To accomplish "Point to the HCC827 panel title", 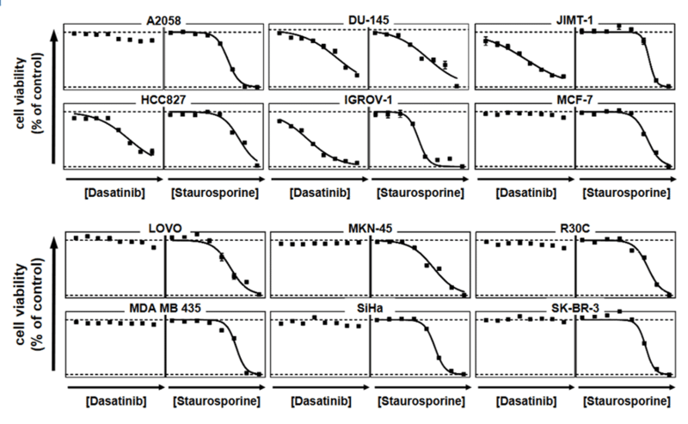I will point(163,101).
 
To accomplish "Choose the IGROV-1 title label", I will point(369,101).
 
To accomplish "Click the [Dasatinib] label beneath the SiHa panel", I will point(320,402).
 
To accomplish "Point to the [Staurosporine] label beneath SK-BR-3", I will point(626,402).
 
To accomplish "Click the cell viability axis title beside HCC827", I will point(27,95).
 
